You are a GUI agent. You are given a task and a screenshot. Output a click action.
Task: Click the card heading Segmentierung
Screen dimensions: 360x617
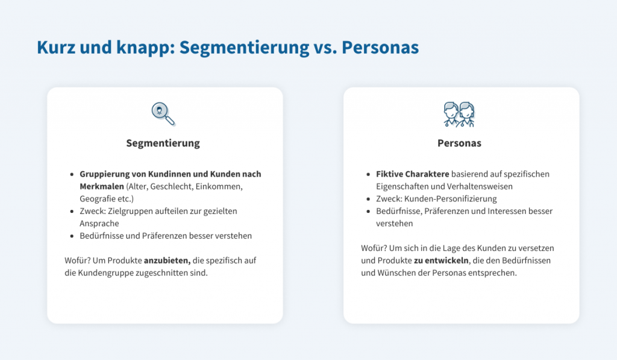tap(163, 144)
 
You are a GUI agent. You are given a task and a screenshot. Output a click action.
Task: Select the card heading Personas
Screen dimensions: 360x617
tap(459, 144)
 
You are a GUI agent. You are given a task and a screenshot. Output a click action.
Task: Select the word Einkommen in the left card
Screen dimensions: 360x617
tap(218, 186)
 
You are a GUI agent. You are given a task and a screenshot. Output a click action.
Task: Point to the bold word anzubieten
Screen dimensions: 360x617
tap(167, 261)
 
